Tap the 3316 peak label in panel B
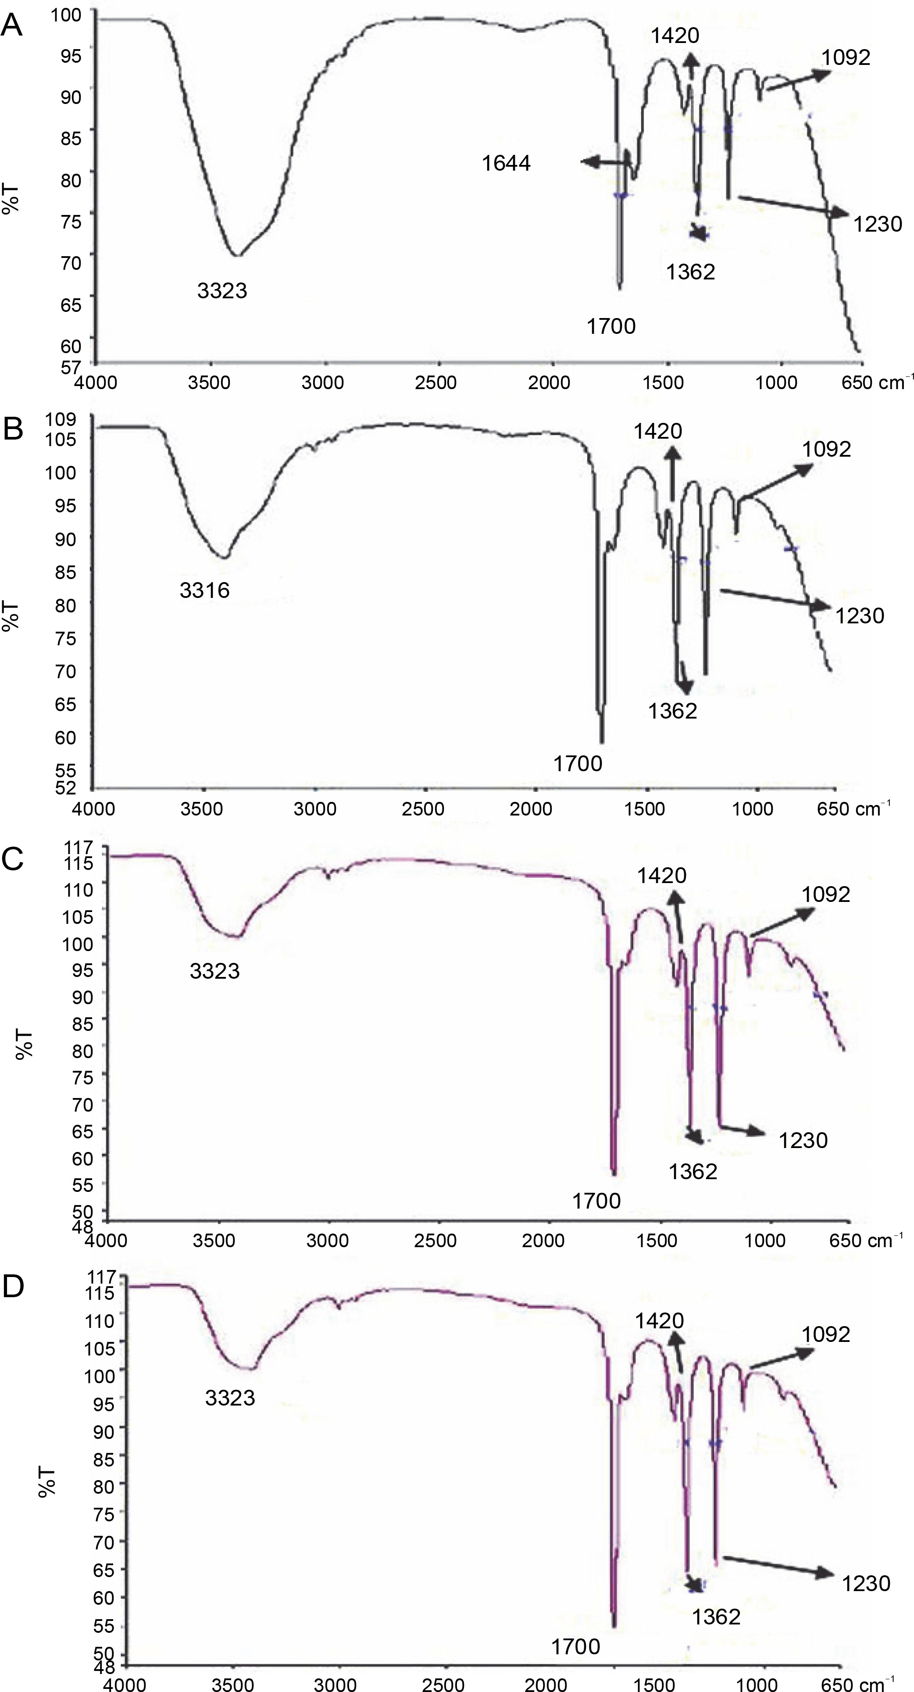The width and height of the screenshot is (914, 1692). point(205,590)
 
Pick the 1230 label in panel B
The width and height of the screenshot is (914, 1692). point(860,616)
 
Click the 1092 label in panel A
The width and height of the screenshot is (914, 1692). point(846,58)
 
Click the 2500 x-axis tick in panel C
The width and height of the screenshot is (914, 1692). point(436,1240)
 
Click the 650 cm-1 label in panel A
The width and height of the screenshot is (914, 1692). point(877,382)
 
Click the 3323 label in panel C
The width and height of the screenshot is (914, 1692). point(215,971)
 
